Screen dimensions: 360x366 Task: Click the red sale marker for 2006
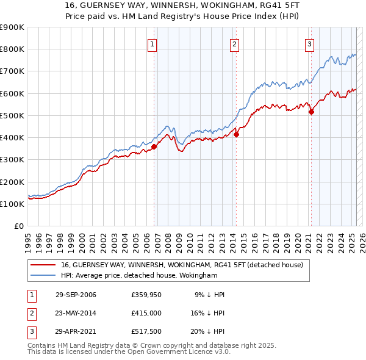click(154, 146)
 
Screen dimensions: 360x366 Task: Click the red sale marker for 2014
click(236, 135)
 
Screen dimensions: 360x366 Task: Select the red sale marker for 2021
click(311, 112)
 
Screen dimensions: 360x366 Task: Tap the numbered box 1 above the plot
click(152, 43)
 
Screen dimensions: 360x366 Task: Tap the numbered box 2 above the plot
click(234, 43)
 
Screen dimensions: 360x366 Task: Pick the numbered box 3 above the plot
click(309, 43)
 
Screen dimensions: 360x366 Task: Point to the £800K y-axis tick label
click(12, 49)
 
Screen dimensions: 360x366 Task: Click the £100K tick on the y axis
click(12, 204)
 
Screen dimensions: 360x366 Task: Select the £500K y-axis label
click(12, 116)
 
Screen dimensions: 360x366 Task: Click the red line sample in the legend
click(43, 265)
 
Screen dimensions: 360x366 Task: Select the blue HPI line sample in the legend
click(43, 276)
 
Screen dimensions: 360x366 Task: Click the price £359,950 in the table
click(146, 295)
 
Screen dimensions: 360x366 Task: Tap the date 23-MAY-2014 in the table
click(76, 314)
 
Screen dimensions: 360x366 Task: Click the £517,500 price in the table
click(146, 333)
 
